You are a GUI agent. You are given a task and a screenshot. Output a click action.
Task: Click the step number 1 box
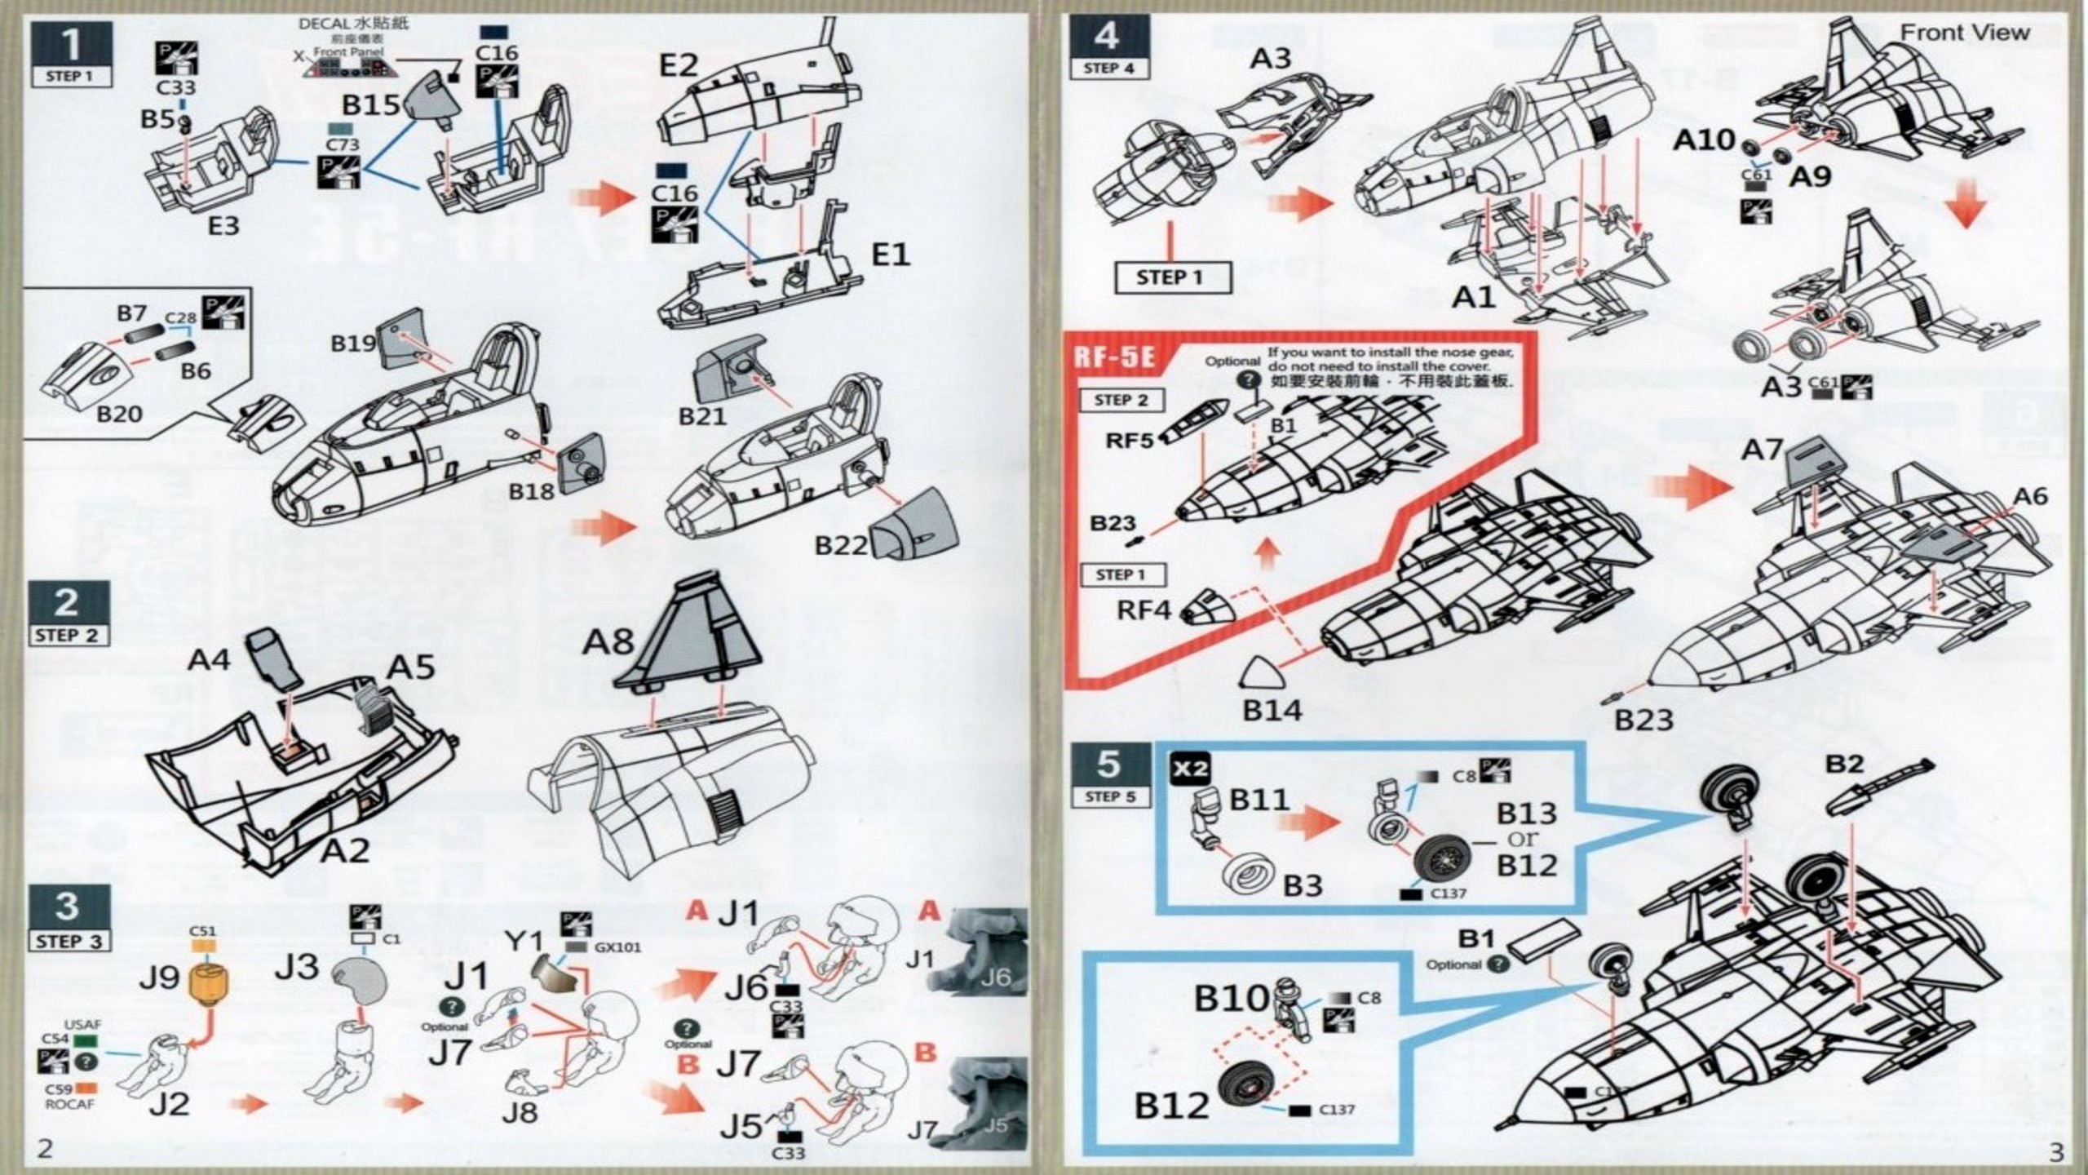(x=71, y=45)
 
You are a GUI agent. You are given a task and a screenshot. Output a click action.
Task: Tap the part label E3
(x=223, y=224)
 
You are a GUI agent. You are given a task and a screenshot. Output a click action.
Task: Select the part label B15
(x=371, y=104)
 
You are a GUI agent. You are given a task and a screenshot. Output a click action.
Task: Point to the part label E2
(x=679, y=65)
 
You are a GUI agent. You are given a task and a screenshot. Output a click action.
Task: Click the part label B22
(x=841, y=544)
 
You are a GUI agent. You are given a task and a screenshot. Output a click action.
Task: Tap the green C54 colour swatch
(x=85, y=1040)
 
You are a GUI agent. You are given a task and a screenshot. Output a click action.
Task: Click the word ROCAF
(x=69, y=1104)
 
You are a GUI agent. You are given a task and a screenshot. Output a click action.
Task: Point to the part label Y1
(x=524, y=942)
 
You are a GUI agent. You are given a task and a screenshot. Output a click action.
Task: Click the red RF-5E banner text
(x=1115, y=358)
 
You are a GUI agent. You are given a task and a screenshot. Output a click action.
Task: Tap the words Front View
(x=1964, y=33)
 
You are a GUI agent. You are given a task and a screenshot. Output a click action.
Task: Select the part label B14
(x=1272, y=711)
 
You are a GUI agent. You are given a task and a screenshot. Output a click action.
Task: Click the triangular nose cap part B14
(x=1260, y=674)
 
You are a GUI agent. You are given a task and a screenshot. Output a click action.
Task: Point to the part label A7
(x=1762, y=450)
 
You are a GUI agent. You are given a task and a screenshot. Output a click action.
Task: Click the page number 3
(x=2055, y=1151)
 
